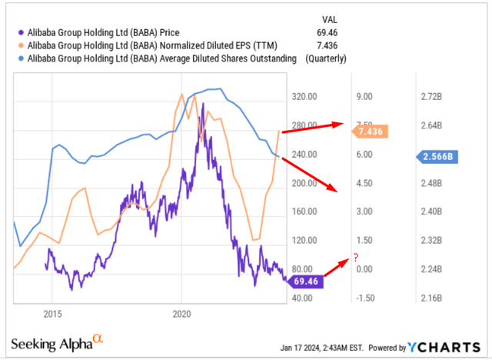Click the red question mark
(356, 257)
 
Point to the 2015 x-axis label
(53, 315)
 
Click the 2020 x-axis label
(181, 315)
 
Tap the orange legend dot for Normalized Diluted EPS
(18, 46)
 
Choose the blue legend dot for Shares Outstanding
(18, 58)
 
